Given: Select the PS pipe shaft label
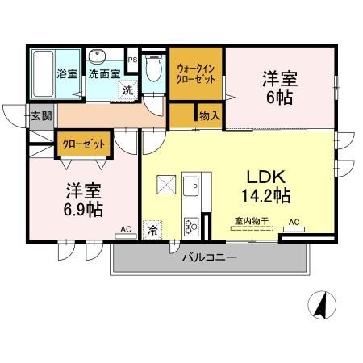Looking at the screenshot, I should [x=133, y=60].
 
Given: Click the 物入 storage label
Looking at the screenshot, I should [x=209, y=116].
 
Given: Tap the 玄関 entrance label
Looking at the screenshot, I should [x=41, y=116].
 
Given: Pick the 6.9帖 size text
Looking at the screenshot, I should [x=83, y=210].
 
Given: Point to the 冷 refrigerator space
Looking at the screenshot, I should [x=152, y=230].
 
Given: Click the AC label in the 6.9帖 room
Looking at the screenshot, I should [x=126, y=229].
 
